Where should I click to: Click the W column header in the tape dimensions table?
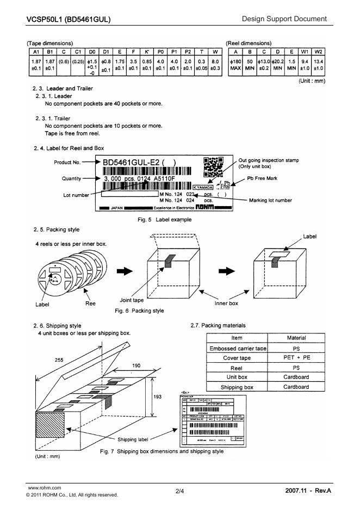click(215, 51)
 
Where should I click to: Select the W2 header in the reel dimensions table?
click(319, 51)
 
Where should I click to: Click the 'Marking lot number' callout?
click(270, 200)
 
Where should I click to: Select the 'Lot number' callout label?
click(77, 194)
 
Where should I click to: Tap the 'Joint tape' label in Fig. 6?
click(131, 300)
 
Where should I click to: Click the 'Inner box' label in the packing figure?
click(226, 303)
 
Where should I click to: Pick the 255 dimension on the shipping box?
click(58, 359)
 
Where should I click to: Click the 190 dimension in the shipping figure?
click(138, 366)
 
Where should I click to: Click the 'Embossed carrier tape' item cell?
click(237, 348)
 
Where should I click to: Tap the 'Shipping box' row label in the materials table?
click(237, 387)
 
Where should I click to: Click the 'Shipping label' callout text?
click(132, 439)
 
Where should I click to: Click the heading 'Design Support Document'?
click(284, 19)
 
